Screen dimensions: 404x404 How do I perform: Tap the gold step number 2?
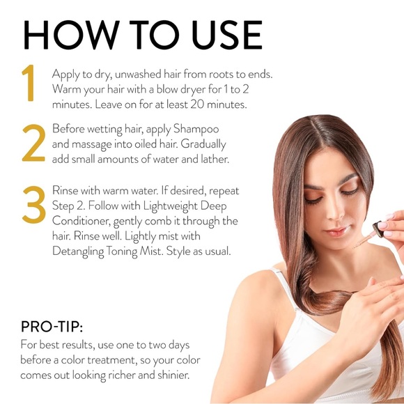click(x=33, y=143)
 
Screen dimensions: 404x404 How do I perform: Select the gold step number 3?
click(x=33, y=205)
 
